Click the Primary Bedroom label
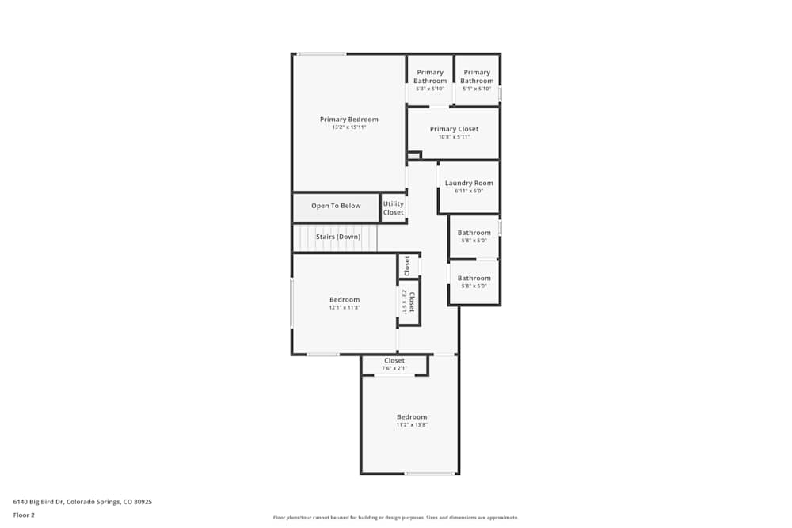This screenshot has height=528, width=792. (348, 120)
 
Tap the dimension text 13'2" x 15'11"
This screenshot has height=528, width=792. (348, 127)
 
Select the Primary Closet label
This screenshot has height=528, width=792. (454, 129)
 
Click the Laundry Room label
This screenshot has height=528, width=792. (469, 183)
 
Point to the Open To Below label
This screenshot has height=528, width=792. (336, 206)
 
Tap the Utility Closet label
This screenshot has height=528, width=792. (394, 208)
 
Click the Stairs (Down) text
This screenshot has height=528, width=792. (338, 237)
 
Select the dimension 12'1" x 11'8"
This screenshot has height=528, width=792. (345, 308)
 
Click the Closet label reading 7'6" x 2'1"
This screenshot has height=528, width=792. (394, 361)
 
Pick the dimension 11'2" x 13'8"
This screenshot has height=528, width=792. (412, 425)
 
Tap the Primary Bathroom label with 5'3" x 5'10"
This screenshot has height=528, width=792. (430, 77)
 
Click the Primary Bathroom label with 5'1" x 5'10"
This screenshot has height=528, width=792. (477, 77)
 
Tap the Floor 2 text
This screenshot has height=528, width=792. (25, 515)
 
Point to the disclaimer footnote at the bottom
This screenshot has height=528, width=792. (396, 517)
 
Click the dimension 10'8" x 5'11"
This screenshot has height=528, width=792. (454, 137)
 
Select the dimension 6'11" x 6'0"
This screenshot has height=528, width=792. (469, 191)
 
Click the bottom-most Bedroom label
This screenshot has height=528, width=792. (412, 417)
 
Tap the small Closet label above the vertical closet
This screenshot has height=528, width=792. (407, 265)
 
